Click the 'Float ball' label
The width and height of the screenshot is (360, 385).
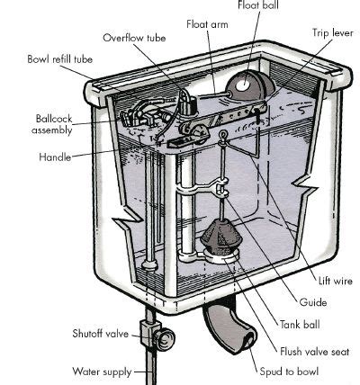click(258, 4)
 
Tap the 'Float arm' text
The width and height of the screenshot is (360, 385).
click(207, 24)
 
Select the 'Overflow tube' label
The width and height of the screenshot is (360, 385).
click(134, 38)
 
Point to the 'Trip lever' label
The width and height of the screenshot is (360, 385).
click(333, 32)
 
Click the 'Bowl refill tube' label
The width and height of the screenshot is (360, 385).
click(59, 59)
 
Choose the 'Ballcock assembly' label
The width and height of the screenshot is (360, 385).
click(52, 124)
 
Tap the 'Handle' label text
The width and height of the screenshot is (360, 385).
click(55, 157)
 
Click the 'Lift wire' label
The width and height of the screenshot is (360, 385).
click(336, 281)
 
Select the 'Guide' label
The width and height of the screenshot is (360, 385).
click(313, 302)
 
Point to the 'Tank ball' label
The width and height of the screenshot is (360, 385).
click(300, 325)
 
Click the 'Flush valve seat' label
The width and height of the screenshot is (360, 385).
click(315, 352)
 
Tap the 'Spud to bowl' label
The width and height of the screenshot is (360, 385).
click(289, 372)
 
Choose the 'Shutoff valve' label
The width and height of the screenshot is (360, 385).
click(100, 334)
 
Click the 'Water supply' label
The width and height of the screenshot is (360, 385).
click(102, 372)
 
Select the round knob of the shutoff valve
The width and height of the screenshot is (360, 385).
click(165, 339)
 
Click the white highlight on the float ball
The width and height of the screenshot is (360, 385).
click(242, 85)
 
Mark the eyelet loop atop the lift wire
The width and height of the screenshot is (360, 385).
click(223, 134)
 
